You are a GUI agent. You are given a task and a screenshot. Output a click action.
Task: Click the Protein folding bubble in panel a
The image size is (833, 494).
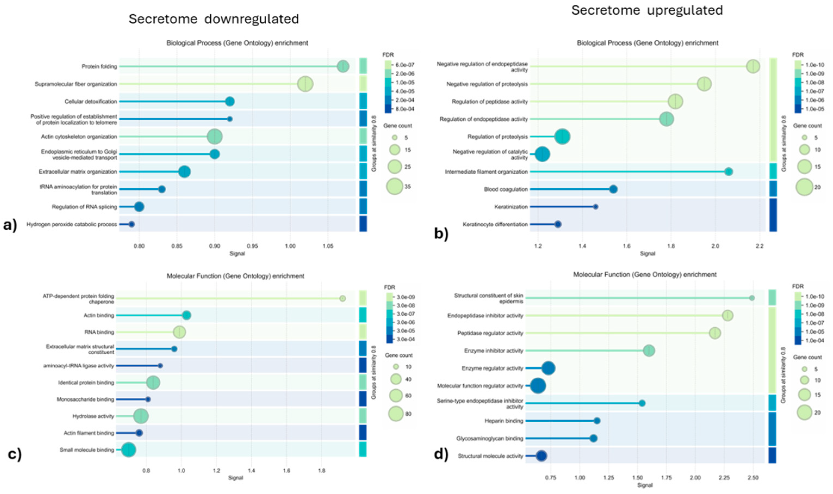343,67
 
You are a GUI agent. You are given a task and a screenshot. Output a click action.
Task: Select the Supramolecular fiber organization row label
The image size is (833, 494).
76,84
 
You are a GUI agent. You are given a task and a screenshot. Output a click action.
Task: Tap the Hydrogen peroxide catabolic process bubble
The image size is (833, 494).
132,224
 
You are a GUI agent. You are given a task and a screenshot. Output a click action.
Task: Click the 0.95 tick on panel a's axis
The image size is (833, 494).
252,247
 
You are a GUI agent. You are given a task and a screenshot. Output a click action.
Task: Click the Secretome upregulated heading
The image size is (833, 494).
647,10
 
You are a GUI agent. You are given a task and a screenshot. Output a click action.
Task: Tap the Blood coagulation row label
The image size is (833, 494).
506,189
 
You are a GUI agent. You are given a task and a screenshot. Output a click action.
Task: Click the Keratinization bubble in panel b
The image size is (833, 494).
596,207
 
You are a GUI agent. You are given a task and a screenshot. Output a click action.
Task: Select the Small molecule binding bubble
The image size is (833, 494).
129,450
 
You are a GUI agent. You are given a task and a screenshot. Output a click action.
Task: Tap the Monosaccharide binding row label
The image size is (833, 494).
85,399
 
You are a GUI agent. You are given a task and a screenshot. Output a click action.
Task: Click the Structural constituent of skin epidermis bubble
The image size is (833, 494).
752,298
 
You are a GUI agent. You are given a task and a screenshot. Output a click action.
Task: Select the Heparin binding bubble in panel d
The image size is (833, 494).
597,421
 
